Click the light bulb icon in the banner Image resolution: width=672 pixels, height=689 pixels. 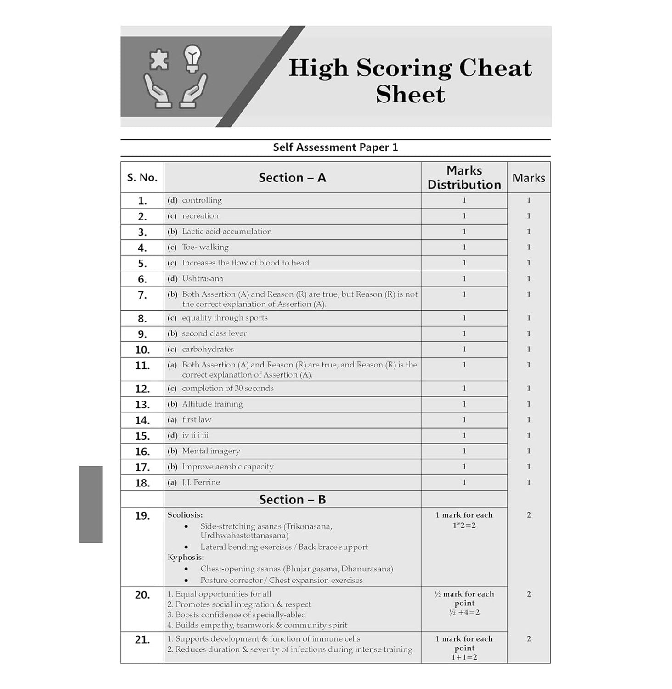point(192,58)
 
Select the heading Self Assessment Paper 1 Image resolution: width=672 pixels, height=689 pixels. point(335,147)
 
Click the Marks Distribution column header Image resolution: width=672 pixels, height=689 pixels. point(464,177)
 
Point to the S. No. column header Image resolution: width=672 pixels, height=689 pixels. point(142,177)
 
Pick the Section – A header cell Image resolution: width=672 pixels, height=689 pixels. point(292,177)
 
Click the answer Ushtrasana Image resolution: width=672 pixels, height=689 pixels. point(202,278)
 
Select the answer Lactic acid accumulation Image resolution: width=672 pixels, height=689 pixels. point(226,232)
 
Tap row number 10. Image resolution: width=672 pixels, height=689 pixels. point(142,350)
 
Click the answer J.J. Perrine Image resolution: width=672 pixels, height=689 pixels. point(201,482)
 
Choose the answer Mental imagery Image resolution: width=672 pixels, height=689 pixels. point(211,451)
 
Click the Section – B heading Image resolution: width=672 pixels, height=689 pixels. point(292,499)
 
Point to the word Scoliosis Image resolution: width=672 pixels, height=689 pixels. point(185,515)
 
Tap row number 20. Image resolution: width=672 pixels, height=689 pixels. point(142,595)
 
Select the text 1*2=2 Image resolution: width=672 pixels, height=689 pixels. point(464,525)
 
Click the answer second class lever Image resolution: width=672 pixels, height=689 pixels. point(214,333)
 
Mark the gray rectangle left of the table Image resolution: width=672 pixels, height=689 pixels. point(91,504)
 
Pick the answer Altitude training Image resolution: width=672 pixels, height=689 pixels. point(212,404)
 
